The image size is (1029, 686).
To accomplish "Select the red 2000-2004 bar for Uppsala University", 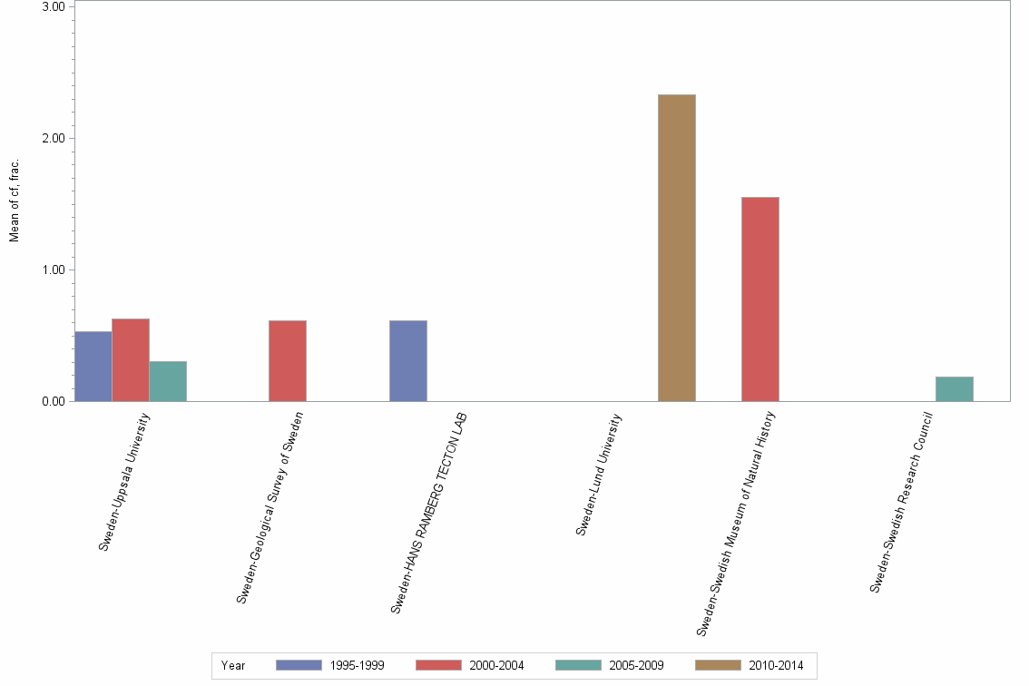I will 131,360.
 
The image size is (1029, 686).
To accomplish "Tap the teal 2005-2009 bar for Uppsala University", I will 168,381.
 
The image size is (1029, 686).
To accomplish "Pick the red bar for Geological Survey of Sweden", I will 288,361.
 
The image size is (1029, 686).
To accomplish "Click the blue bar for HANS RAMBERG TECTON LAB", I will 408,361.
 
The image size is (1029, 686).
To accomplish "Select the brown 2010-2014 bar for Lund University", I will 677,248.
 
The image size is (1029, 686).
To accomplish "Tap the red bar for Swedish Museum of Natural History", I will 760,299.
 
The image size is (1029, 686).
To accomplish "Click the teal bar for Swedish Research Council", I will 955,388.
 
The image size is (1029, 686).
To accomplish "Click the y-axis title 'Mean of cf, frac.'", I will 15,201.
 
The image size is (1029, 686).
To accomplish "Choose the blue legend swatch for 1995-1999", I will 299,665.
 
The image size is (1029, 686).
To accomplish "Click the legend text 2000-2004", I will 496,665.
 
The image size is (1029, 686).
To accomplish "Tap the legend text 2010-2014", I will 776,665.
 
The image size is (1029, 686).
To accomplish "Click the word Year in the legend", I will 233,665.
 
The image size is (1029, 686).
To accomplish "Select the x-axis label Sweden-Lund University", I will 599,475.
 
